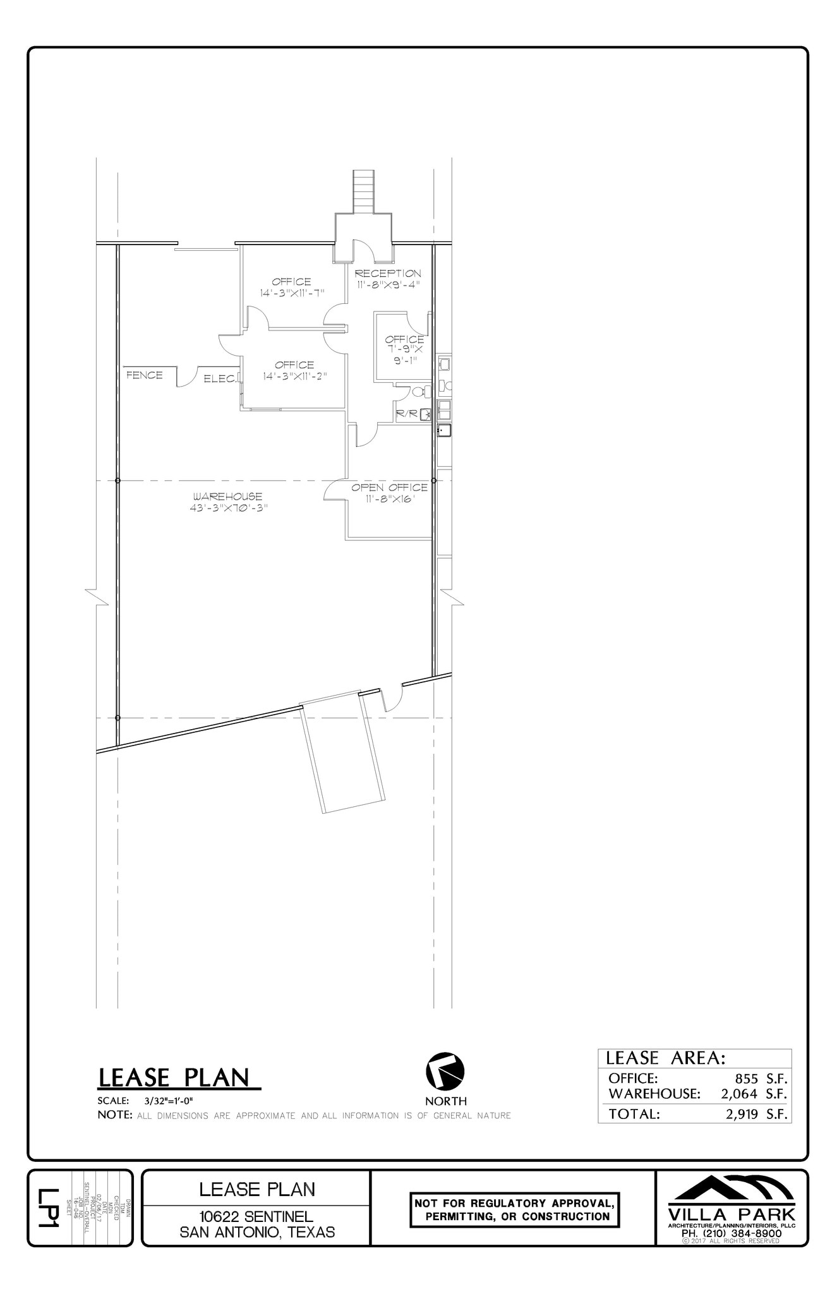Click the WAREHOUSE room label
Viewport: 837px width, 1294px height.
click(227, 497)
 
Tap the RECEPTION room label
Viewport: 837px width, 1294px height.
click(387, 274)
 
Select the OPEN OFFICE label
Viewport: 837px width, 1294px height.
click(389, 487)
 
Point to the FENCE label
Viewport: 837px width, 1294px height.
click(145, 375)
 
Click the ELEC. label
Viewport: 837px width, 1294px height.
click(220, 379)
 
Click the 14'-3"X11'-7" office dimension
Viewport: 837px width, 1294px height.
click(292, 293)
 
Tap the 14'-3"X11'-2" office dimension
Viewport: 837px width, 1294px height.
click(294, 376)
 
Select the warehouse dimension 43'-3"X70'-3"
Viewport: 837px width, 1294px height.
click(227, 507)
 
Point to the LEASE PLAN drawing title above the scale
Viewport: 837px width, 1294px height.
click(178, 1078)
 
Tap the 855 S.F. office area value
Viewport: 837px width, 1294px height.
click(757, 1079)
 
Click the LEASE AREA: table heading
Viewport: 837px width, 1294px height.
click(666, 1058)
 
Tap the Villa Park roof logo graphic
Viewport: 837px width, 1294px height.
click(732, 1188)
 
